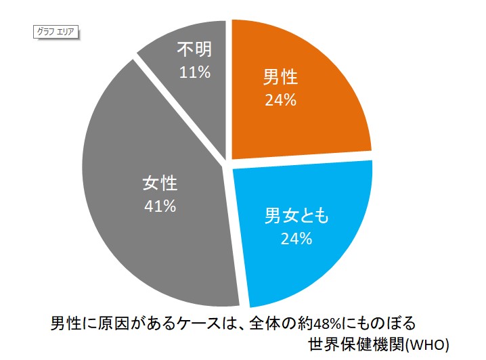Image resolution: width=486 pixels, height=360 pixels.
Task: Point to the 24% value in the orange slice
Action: point(280,100)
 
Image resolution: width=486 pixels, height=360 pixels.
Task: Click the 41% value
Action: point(160,206)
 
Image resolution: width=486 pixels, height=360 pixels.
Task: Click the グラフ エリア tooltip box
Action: point(56,30)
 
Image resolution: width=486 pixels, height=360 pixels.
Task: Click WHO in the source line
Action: point(427,342)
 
